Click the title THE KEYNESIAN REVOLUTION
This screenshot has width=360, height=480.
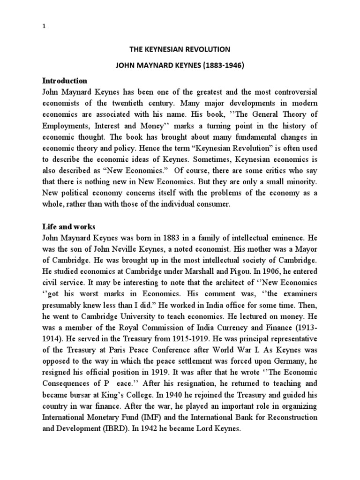[180, 49]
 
